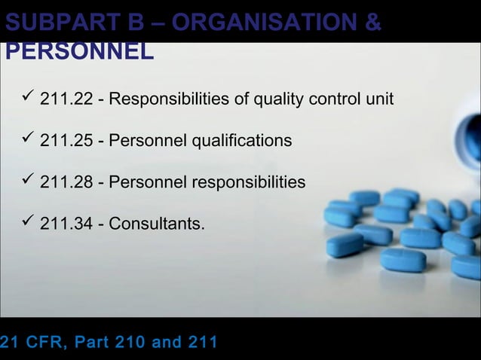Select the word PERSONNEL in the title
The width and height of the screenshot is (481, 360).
[x=80, y=51]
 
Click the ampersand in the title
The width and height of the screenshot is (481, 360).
[x=372, y=22]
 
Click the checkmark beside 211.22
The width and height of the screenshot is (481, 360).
[x=29, y=98]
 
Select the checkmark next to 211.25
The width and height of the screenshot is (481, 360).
[x=29, y=139]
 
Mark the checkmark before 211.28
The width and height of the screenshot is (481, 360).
[x=29, y=181]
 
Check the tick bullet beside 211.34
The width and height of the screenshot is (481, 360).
[x=29, y=222]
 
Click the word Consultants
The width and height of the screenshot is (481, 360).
[x=156, y=224]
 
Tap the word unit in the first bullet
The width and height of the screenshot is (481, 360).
[x=378, y=99]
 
